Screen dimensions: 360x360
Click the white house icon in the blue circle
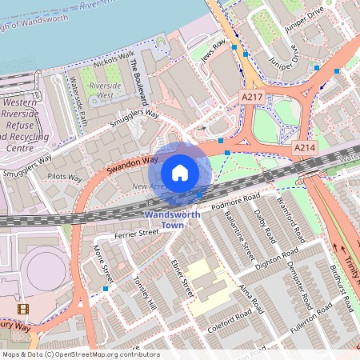click(x=180, y=172)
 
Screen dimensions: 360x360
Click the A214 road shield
click(x=304, y=148)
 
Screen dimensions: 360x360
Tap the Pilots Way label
click(x=65, y=178)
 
